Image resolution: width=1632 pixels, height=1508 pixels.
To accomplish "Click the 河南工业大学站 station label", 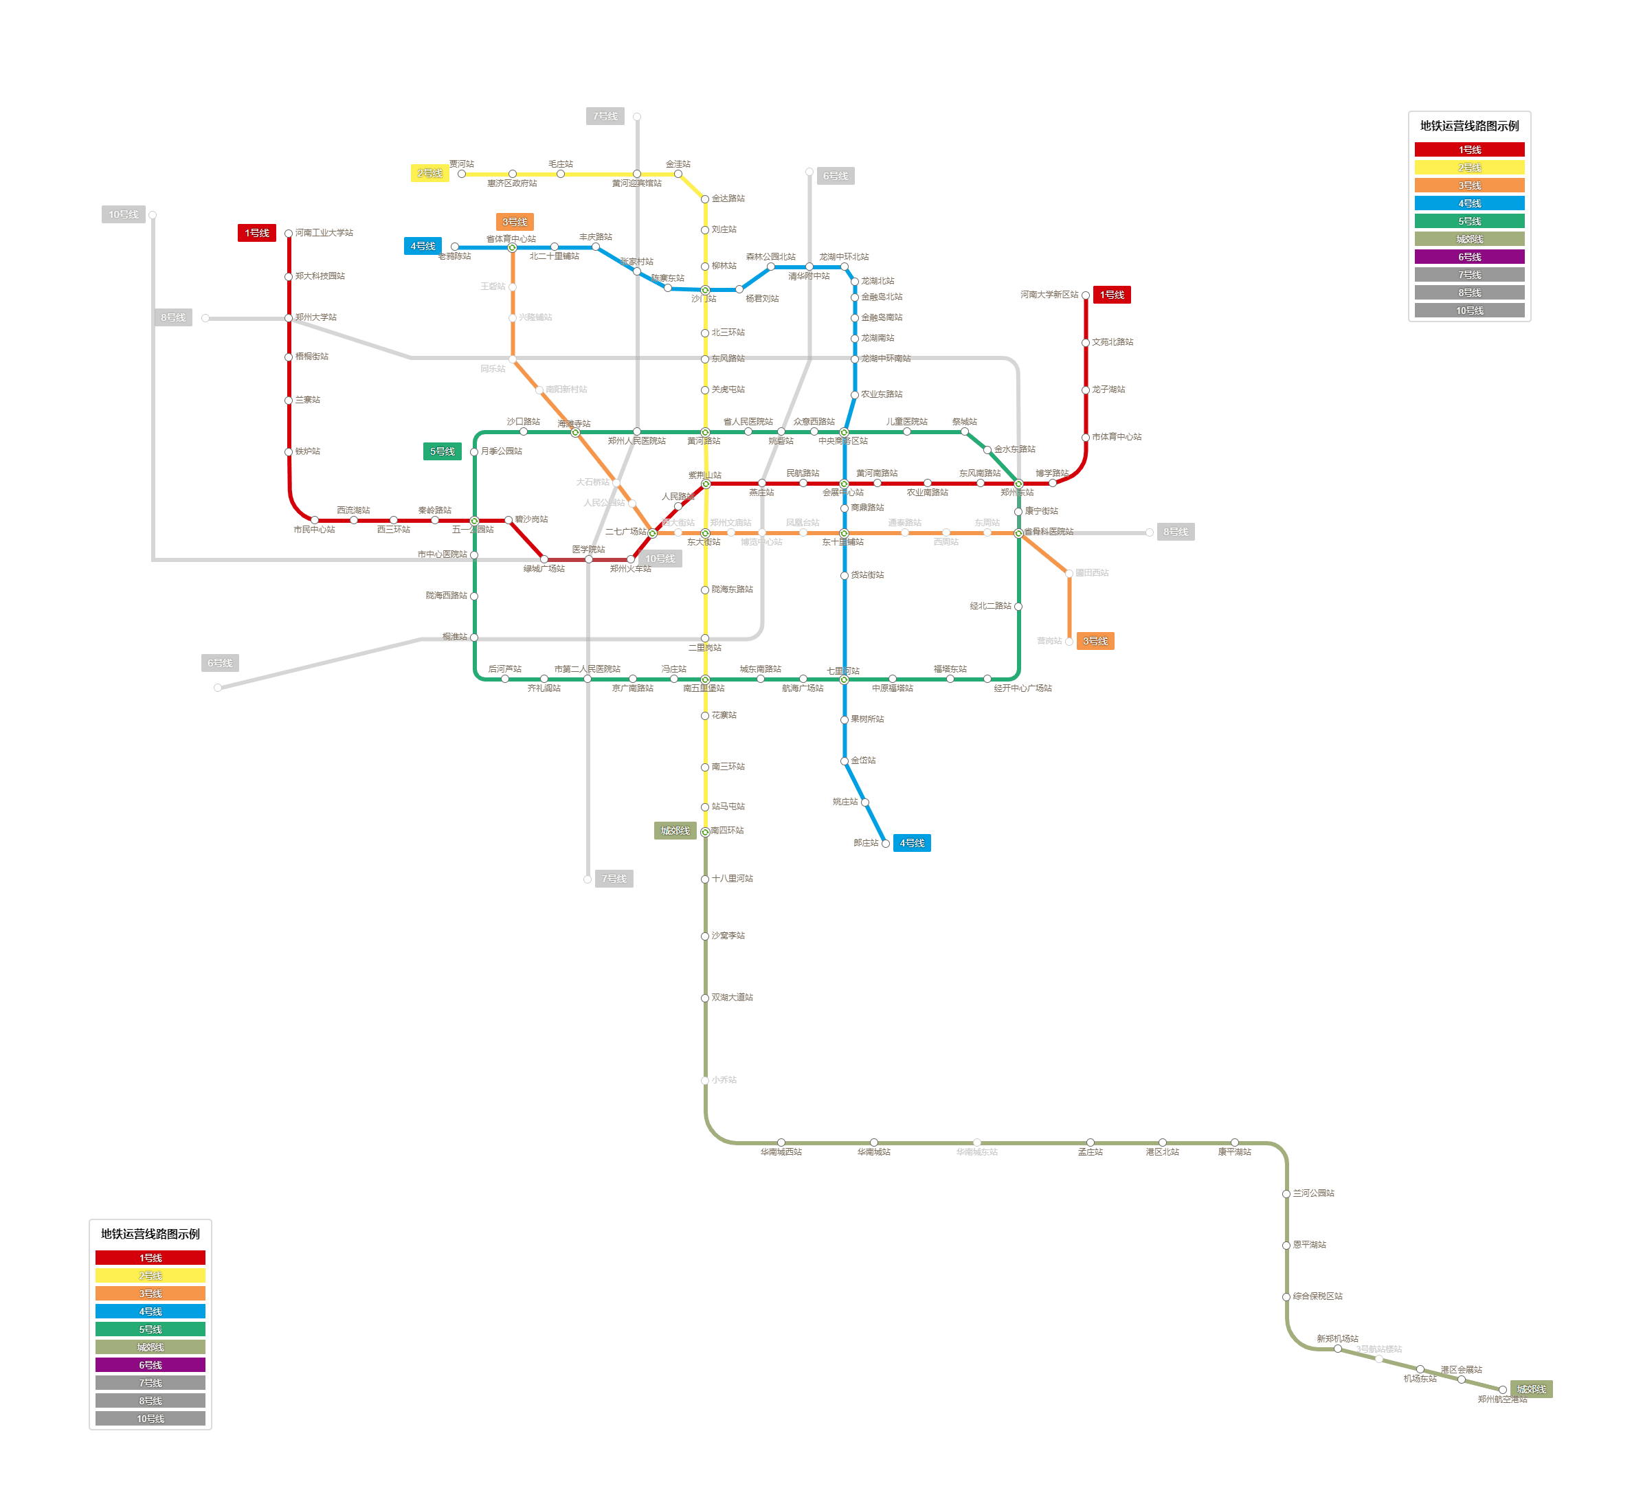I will [x=324, y=234].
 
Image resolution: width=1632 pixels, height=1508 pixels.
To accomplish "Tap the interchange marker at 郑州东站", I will [x=1018, y=484].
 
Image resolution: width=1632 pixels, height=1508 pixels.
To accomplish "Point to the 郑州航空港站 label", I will [x=1501, y=1399].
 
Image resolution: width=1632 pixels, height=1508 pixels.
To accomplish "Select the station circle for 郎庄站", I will [x=885, y=844].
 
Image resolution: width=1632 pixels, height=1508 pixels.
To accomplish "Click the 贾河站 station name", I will [x=461, y=164].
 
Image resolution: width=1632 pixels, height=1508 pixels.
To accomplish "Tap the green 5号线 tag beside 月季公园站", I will [x=443, y=451].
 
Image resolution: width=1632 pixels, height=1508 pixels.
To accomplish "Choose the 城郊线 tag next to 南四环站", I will [x=675, y=831].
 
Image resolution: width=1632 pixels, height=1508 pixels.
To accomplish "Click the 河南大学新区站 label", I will [x=1049, y=295].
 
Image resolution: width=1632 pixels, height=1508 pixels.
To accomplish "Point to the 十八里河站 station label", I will [x=732, y=879].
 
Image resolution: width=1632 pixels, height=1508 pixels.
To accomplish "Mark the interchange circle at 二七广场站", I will [x=652, y=533].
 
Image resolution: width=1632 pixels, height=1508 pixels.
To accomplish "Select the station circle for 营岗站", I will [x=1069, y=642].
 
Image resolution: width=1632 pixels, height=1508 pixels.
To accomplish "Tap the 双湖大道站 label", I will [x=732, y=997].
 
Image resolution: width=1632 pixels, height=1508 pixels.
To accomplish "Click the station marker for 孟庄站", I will [x=1090, y=1143].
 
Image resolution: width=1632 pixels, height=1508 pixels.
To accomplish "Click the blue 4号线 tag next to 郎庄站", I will [x=911, y=843].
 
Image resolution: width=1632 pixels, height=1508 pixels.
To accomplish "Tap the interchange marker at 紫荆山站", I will [x=706, y=484].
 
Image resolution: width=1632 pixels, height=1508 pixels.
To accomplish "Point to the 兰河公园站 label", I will [x=1313, y=1193].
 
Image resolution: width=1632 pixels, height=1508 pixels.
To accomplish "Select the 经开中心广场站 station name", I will [x=1022, y=688].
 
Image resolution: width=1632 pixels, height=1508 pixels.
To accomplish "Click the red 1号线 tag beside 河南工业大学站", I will [x=256, y=234].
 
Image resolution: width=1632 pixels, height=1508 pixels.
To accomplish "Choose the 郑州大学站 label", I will [x=316, y=317].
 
